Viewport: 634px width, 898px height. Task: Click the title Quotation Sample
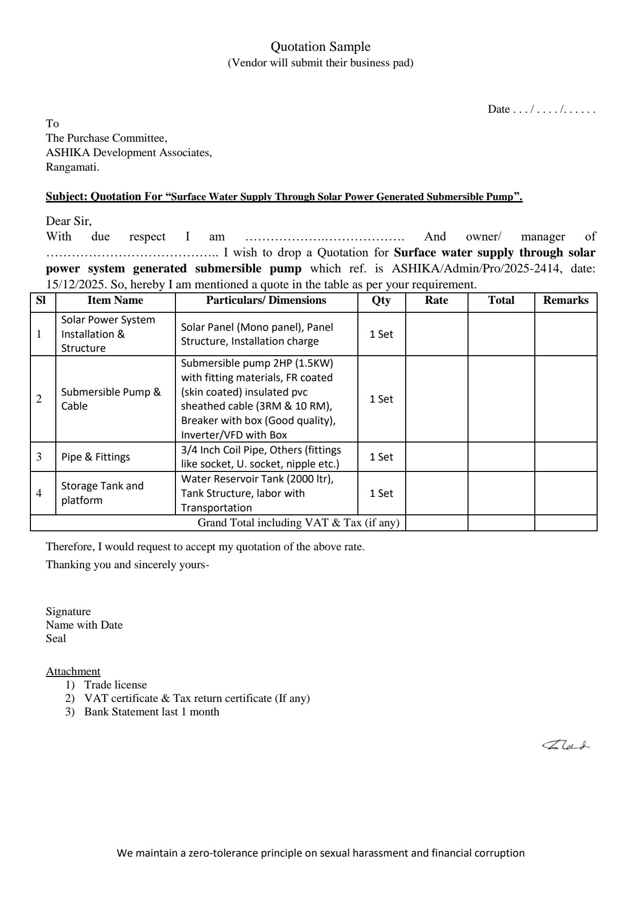(320, 47)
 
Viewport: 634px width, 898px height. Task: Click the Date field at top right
(541, 110)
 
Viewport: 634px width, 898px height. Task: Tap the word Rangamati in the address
(72, 167)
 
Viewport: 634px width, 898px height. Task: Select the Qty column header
(381, 300)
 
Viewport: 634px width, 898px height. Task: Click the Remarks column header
(565, 300)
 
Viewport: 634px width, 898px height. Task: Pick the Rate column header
(436, 300)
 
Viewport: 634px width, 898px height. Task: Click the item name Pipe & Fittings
(96, 457)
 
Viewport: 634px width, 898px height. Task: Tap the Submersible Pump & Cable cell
(111, 399)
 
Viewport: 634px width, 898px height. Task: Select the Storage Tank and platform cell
(102, 493)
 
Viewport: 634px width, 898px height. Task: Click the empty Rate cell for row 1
(437, 334)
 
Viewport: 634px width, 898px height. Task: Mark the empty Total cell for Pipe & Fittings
(501, 457)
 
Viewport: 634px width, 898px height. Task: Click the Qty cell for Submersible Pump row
(381, 399)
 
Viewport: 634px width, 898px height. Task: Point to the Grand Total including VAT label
(299, 523)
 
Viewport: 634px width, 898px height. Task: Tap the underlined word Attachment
(73, 672)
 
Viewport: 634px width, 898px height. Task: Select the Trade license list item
(116, 685)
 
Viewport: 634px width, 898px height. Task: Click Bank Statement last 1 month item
(152, 712)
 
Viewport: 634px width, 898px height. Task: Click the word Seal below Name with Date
(56, 639)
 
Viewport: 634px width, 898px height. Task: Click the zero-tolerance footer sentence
(320, 853)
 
